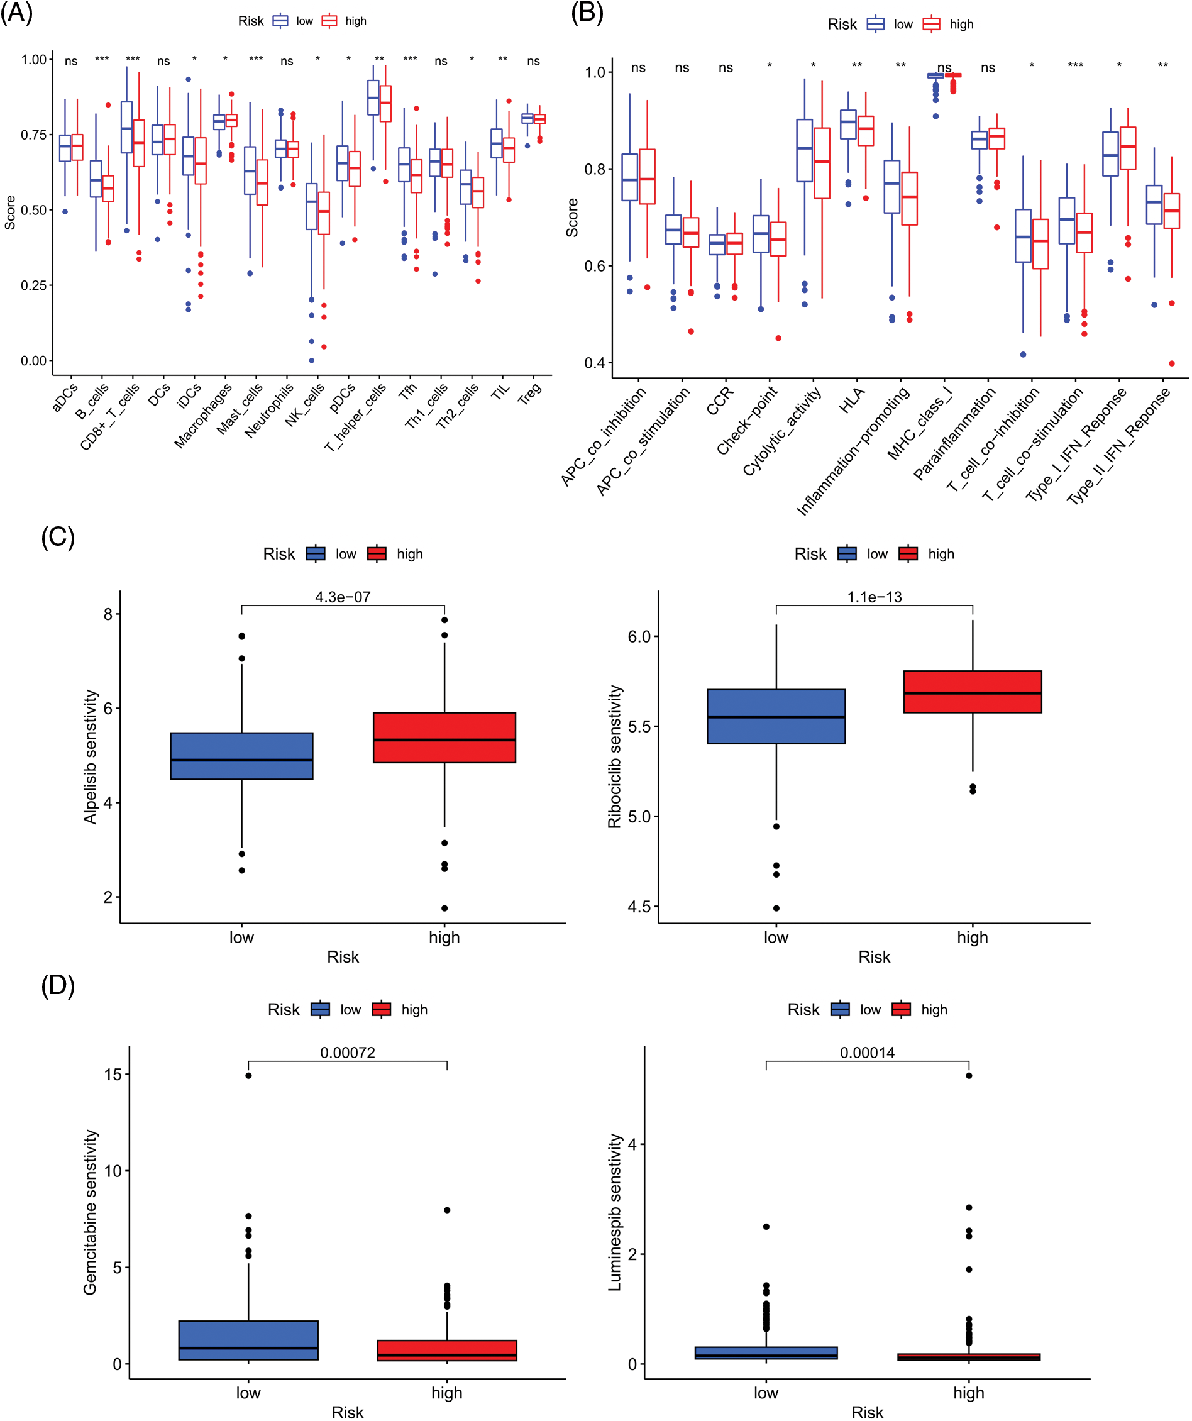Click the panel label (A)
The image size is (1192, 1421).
coord(16,14)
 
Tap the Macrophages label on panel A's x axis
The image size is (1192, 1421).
coord(204,415)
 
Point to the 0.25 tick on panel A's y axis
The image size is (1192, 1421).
coord(33,285)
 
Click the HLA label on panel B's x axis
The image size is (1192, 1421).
coord(852,400)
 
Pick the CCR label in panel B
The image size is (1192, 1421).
coord(720,401)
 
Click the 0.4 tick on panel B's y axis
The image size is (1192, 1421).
coord(595,363)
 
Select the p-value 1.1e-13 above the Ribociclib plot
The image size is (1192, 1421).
coord(874,597)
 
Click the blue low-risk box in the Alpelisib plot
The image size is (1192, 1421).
coord(241,756)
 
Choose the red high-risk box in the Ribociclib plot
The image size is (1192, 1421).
coord(972,692)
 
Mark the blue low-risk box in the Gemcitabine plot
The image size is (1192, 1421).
coord(248,1340)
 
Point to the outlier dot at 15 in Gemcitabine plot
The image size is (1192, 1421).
coord(248,1075)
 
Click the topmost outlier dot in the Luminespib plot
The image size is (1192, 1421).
coord(969,1075)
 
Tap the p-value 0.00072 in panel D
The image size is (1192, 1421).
coord(347,1052)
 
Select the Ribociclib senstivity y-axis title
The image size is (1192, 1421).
coord(614,756)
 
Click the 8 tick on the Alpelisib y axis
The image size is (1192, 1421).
coord(108,614)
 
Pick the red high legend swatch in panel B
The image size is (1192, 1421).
coord(931,25)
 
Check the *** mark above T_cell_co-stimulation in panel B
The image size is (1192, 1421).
coord(1075,65)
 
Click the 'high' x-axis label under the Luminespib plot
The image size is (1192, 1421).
coord(968,1393)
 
